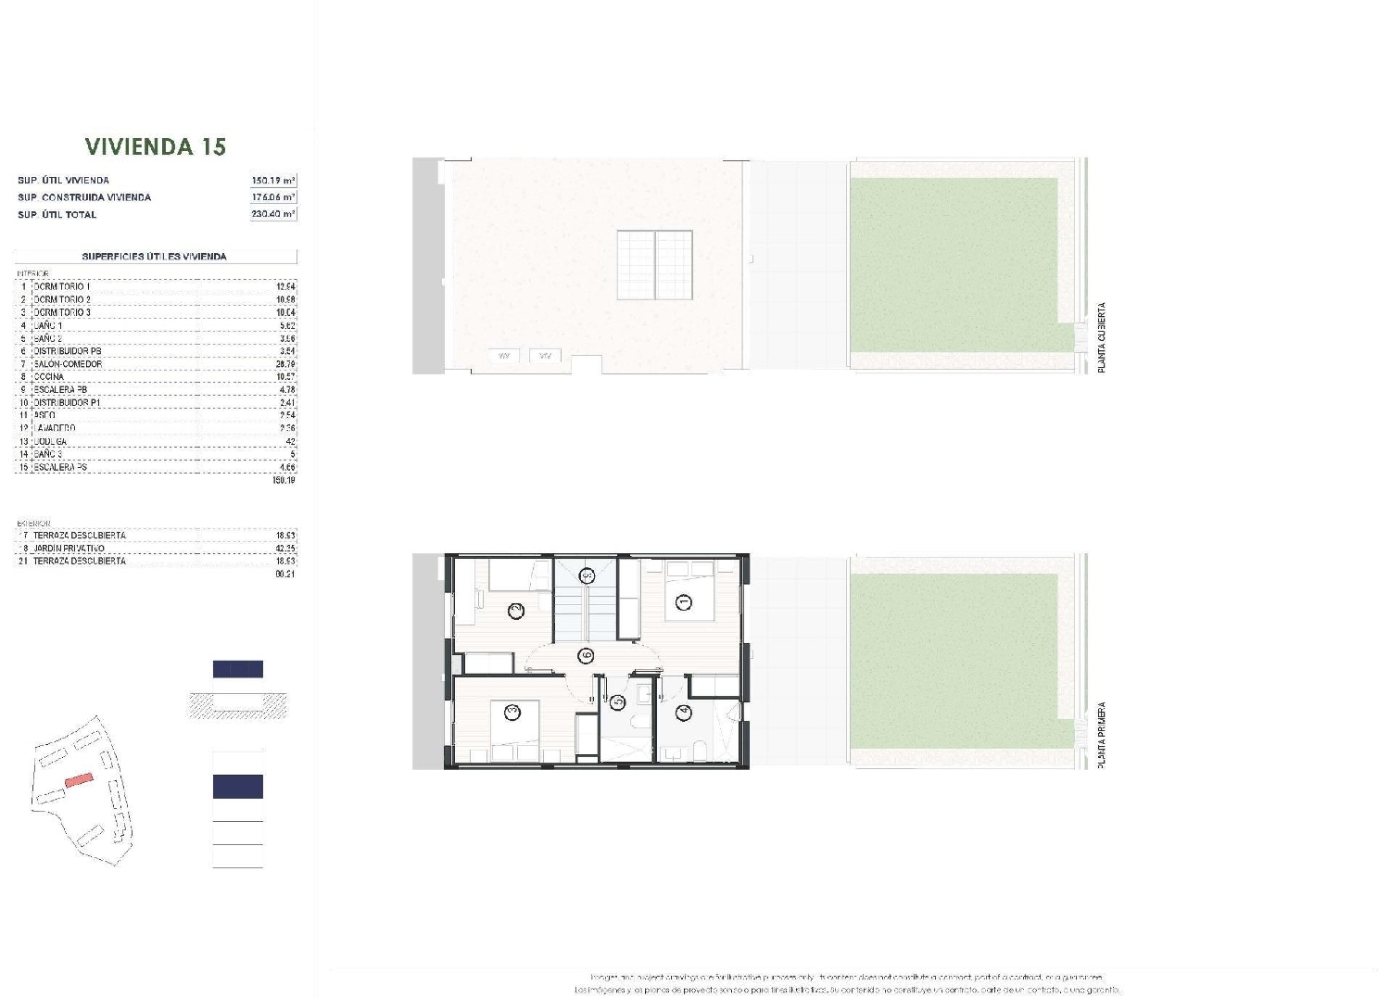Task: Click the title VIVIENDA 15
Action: coord(156,146)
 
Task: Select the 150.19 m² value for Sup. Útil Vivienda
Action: coord(272,181)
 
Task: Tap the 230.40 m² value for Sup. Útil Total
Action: coord(272,214)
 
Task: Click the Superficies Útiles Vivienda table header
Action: coord(155,257)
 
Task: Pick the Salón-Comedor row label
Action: coord(68,364)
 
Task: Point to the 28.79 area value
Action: coord(285,364)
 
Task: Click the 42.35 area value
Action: coord(285,549)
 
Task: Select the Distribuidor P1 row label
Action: coord(67,403)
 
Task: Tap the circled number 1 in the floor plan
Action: coord(685,602)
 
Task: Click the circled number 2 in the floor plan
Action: coord(516,610)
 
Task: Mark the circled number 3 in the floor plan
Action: coord(512,712)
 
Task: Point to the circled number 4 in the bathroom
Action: coord(684,713)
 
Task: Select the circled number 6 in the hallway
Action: coord(586,656)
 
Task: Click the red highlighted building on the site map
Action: coord(79,780)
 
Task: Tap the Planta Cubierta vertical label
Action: coord(1102,338)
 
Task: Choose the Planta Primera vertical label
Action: coord(1102,735)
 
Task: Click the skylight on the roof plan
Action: coord(655,265)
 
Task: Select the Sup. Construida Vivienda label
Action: coord(84,197)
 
